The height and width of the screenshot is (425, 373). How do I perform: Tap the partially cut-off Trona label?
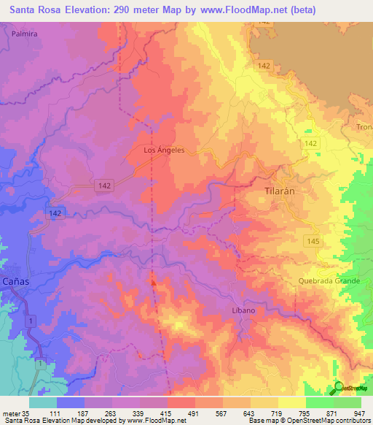click(364, 127)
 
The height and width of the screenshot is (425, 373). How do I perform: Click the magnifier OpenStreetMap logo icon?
click(339, 388)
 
